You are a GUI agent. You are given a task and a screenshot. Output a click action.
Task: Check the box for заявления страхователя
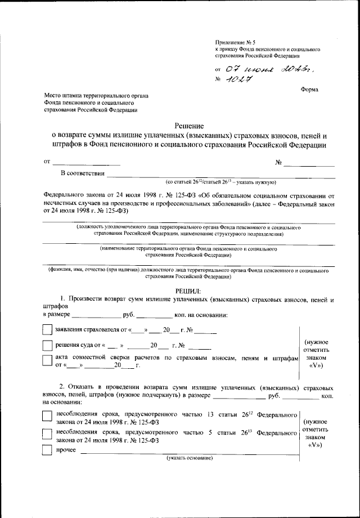tap(48, 329)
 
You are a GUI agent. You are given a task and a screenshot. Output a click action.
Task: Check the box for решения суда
tap(48, 345)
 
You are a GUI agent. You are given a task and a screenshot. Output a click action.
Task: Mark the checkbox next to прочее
tap(48, 450)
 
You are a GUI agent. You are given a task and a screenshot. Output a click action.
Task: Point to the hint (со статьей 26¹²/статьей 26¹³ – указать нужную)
tap(220, 182)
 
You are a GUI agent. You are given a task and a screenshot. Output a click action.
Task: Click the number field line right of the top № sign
tap(309, 165)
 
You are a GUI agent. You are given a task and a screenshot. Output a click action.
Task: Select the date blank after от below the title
tap(85, 164)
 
